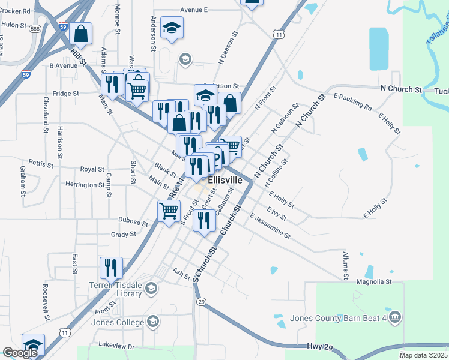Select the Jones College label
(118, 322)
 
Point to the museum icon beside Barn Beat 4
(394, 317)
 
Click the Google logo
(20, 353)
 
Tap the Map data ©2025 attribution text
(424, 355)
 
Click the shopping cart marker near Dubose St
(169, 211)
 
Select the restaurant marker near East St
(111, 267)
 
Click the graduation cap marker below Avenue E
(172, 28)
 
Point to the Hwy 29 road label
(319, 347)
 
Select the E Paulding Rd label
(352, 102)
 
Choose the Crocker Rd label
(16, 11)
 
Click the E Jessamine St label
(270, 226)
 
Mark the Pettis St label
(41, 163)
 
